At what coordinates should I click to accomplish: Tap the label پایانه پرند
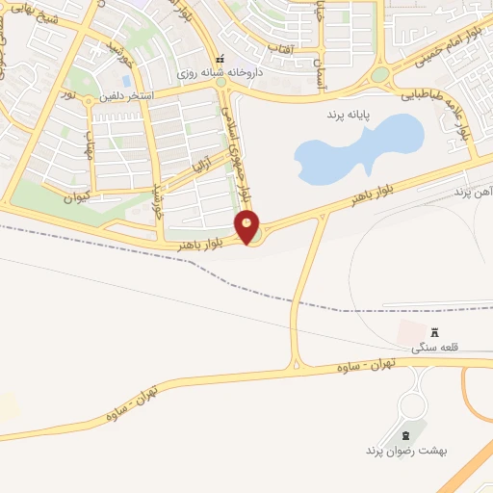coord(349,114)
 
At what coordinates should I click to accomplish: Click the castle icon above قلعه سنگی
coord(433,332)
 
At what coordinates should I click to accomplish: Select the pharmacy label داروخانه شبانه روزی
coord(223,72)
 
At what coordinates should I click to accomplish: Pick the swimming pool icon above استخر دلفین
coord(126,81)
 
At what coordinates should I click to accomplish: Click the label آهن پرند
coord(473,193)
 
